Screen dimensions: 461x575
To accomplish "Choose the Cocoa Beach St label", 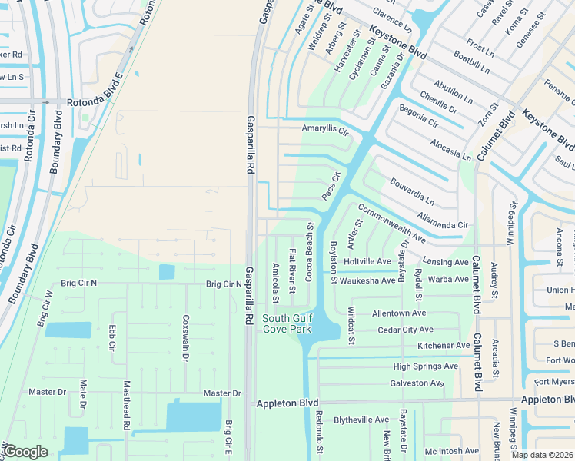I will [311, 252].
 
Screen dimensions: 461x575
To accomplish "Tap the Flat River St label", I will [293, 271].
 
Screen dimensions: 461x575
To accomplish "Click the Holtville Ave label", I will [368, 262].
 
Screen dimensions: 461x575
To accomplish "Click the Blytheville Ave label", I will [361, 420].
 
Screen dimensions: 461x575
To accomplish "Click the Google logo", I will [25, 452].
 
